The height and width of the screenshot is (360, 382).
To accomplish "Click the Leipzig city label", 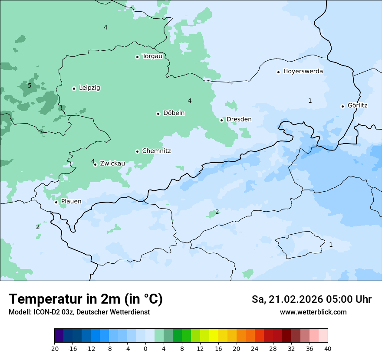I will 89,88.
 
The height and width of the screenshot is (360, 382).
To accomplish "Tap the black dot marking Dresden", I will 221,120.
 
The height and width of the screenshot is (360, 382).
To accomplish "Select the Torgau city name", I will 152,56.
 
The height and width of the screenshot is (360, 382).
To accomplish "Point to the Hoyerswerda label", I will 303,71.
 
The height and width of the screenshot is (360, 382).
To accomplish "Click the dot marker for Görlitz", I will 342,106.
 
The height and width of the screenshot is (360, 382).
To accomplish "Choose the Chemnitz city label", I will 156,151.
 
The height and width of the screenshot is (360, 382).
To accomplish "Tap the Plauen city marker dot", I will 56,202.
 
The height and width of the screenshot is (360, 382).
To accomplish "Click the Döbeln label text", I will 174,113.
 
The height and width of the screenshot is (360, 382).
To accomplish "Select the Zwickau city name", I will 112,164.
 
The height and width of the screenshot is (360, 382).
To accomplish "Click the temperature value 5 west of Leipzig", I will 30,85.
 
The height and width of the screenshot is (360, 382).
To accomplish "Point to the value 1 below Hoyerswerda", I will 310,101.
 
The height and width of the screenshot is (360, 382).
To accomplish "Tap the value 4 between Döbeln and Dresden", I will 190,101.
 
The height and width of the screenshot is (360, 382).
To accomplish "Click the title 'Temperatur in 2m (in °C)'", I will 86,299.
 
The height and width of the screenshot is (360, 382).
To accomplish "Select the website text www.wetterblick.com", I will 313,312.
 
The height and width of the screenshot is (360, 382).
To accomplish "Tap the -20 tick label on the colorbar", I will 54,349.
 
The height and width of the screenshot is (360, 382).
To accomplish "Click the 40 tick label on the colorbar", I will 328,349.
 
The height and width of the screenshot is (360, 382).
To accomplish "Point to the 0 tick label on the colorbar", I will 145,349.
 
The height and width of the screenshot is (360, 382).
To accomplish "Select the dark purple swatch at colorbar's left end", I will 59,336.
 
